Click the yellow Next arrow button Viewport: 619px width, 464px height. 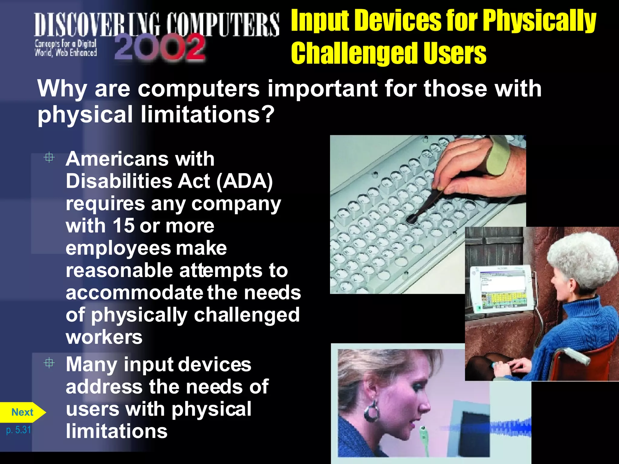coord(22,412)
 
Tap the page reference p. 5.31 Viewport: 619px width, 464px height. coord(19,430)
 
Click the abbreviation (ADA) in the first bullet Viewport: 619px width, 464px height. coord(245,181)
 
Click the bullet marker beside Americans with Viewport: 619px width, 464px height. coord(49,157)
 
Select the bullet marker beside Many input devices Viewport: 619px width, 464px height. coord(49,363)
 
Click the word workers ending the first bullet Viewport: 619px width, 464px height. coord(104,337)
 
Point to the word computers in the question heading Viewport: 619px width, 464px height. coord(199,89)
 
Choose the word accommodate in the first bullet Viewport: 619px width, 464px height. coord(134,293)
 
